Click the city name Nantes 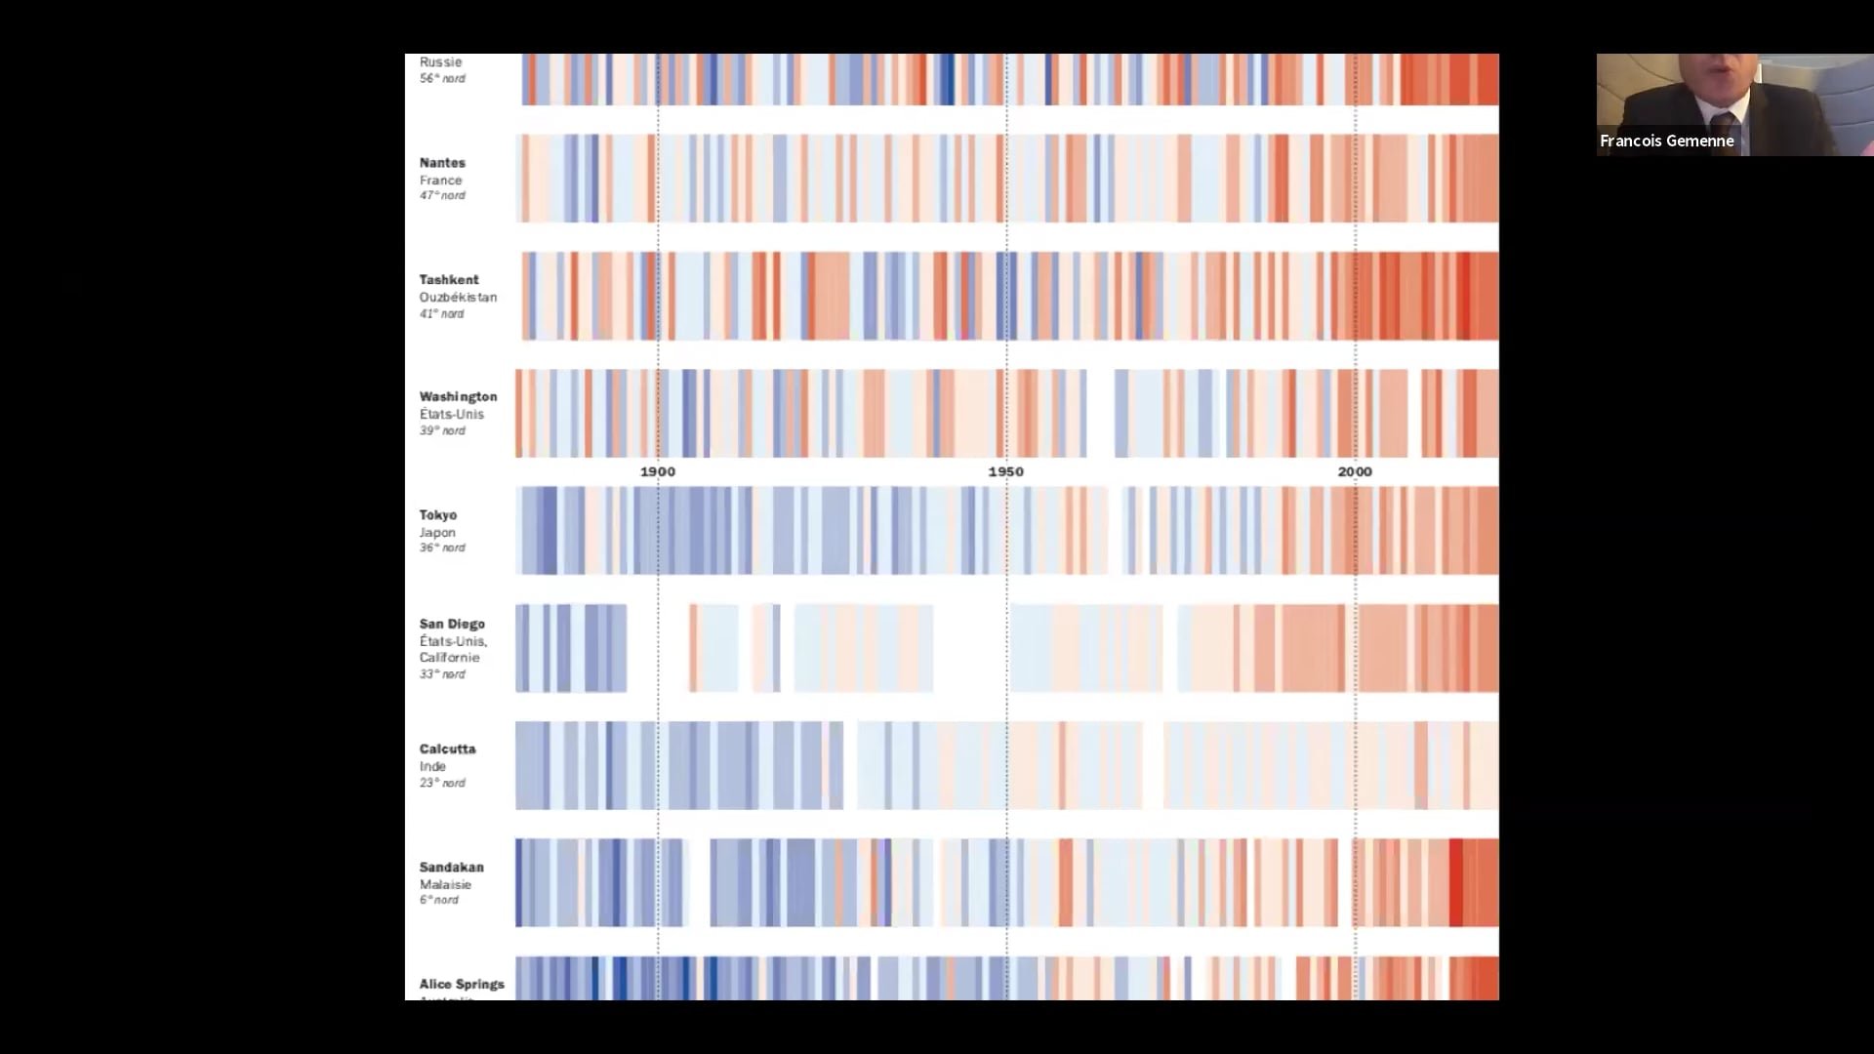click(442, 163)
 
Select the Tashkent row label click(449, 280)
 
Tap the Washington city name click(458, 397)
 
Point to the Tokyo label click(438, 515)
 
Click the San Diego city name click(452, 625)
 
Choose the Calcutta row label click(447, 750)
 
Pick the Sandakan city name click(451, 868)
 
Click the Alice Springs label click(462, 985)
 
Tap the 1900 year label click(658, 472)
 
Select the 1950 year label click(1006, 472)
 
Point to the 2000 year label click(1355, 472)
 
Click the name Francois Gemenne click(1666, 142)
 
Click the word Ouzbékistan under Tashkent click(458, 298)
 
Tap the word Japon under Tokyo click(437, 533)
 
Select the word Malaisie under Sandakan click(445, 885)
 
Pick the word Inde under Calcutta click(432, 767)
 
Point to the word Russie click(440, 62)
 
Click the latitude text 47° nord click(442, 196)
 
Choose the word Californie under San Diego click(449, 658)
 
